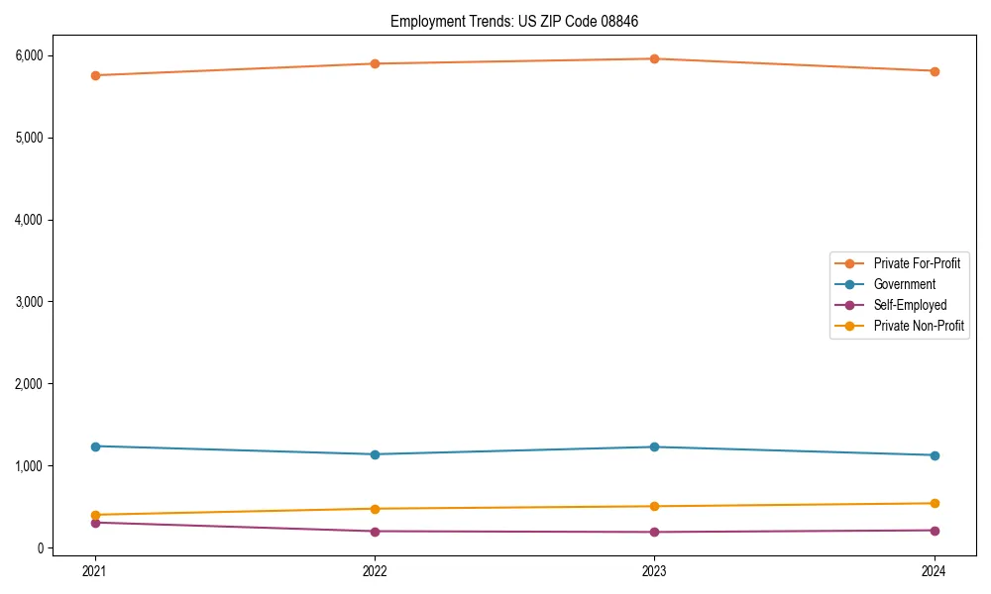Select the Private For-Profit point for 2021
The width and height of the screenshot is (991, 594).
point(95,75)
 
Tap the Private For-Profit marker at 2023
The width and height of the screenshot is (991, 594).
point(655,59)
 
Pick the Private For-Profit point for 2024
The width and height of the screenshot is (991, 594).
point(935,71)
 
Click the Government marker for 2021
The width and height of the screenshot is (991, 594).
point(95,446)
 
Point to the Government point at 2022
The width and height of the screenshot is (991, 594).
point(375,454)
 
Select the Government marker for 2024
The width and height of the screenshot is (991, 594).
point(935,455)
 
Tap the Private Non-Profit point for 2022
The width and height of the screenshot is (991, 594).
point(375,509)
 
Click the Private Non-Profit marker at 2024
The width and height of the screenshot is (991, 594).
point(935,504)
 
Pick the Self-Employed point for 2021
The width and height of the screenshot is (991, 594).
point(95,523)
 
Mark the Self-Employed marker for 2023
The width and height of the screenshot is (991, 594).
point(655,533)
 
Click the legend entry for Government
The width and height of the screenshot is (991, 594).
point(904,284)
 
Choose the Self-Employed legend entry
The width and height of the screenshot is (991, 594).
point(910,305)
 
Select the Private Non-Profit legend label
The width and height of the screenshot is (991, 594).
point(919,326)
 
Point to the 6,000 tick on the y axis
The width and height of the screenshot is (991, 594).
point(29,55)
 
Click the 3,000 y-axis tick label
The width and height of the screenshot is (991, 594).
point(29,302)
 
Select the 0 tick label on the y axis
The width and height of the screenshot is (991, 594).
point(42,548)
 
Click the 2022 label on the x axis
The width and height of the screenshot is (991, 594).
point(375,571)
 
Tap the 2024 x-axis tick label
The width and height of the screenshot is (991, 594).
point(935,571)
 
